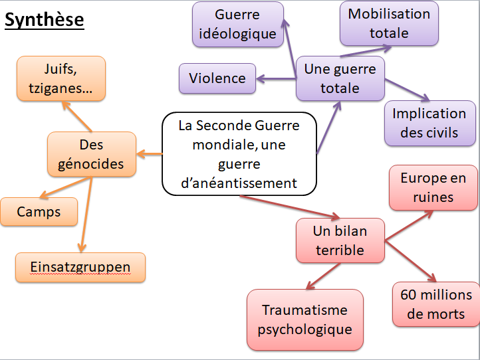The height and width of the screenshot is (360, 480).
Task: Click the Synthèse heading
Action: click(x=44, y=20)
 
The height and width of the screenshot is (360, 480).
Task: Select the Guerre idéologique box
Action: click(x=237, y=25)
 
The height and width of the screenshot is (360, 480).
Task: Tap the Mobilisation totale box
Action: click(x=389, y=23)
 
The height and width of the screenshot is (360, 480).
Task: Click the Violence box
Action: click(x=217, y=78)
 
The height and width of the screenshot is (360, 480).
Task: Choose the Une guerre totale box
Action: click(x=340, y=78)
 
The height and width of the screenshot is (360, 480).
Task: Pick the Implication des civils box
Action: click(x=429, y=123)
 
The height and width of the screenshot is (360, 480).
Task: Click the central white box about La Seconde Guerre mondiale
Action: click(x=239, y=154)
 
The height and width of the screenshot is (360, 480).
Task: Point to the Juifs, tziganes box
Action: click(x=60, y=78)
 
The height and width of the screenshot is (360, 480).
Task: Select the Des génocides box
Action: click(x=91, y=154)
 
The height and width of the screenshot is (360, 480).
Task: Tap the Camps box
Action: click(x=39, y=212)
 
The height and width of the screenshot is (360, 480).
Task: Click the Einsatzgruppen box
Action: click(x=80, y=267)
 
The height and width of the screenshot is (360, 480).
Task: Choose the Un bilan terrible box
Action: click(x=340, y=240)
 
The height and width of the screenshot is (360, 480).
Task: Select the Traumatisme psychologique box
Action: click(x=304, y=319)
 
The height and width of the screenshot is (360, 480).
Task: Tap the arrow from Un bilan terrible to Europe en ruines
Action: click(x=410, y=226)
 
